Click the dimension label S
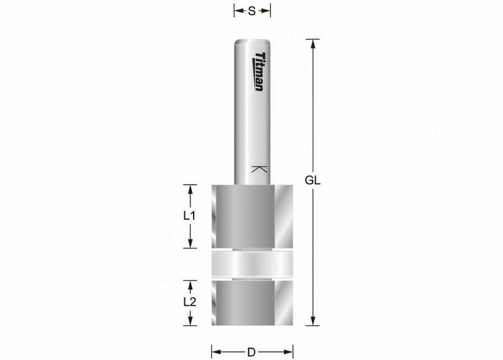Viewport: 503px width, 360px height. click(x=251, y=10)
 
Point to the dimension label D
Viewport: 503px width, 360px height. click(x=251, y=351)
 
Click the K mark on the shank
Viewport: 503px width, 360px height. click(x=258, y=169)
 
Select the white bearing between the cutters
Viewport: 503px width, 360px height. click(x=252, y=264)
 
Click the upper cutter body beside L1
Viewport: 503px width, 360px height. click(x=252, y=216)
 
